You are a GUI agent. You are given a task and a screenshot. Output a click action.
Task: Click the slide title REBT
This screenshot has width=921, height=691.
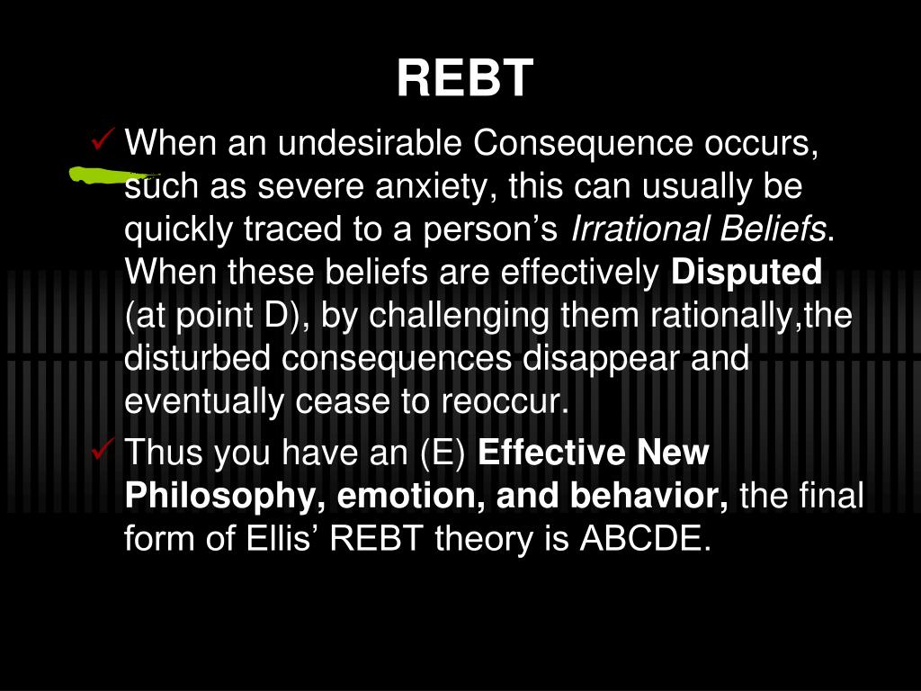(465, 78)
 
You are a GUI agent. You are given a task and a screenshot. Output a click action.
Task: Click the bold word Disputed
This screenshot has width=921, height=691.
(747, 273)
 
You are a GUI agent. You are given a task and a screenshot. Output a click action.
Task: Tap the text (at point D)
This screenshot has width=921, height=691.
(218, 316)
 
